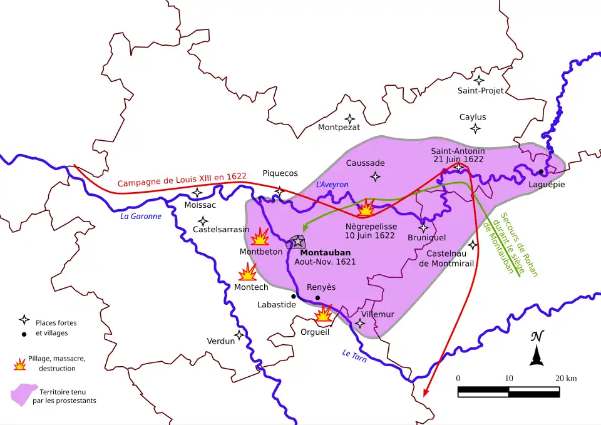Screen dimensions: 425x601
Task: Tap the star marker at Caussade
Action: [x=375, y=177]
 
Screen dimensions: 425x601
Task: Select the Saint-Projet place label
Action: [x=480, y=91]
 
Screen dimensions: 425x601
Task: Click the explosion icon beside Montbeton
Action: [x=260, y=237]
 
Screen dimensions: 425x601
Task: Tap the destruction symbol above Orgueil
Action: [x=324, y=314]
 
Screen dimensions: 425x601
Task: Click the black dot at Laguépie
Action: [x=541, y=172]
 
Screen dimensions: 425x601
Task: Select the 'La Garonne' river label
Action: [x=140, y=217]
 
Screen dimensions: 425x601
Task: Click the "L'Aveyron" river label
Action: [x=332, y=185]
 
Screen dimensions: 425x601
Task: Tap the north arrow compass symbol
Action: [x=537, y=349]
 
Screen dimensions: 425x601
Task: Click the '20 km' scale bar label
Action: [x=566, y=378]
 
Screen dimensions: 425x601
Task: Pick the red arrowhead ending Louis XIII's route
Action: [x=426, y=392]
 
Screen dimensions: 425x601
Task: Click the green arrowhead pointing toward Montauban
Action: [x=304, y=229]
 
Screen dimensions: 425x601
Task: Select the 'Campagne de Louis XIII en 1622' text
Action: [x=182, y=180]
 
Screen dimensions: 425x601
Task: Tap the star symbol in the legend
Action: [x=24, y=320]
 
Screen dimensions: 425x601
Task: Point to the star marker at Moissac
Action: [x=197, y=193]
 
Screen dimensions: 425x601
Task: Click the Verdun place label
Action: [x=220, y=341]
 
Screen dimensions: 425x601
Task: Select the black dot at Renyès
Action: [x=317, y=298]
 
